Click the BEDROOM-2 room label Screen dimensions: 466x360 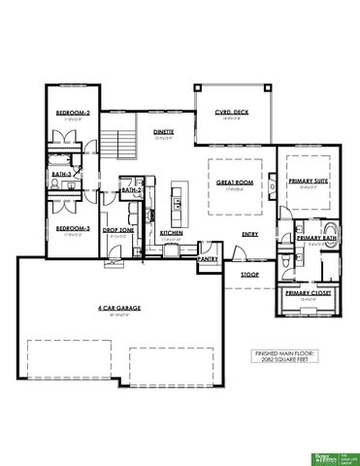click(73, 114)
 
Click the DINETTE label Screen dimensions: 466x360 click(163, 131)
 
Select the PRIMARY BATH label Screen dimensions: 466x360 click(316, 238)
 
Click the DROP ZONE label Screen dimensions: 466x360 click(120, 229)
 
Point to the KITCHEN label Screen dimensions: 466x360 click(172, 233)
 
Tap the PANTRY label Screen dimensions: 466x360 click(207, 259)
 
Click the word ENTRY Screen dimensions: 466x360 click(249, 233)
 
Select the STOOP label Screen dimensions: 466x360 click(249, 275)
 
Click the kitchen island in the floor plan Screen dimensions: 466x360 click(178, 198)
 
